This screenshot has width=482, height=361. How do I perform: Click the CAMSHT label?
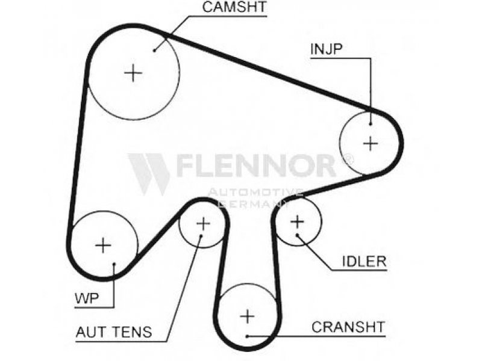click(x=234, y=7)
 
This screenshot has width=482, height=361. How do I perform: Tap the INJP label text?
click(x=326, y=49)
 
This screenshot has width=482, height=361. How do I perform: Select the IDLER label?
click(x=365, y=261)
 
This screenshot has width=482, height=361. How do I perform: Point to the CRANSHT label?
click(x=348, y=327)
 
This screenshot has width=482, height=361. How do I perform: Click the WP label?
click(x=87, y=298)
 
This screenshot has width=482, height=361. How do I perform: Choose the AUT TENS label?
click(x=114, y=332)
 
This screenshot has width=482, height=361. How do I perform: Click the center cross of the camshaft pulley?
click(x=133, y=73)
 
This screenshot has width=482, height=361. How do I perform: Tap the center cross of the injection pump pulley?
click(x=371, y=144)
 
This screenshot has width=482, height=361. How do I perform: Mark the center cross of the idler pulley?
click(x=297, y=221)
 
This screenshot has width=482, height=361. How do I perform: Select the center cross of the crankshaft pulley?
click(x=248, y=316)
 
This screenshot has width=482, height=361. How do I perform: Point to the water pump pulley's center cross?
click(x=103, y=245)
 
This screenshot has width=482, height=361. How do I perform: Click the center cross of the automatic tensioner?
click(x=203, y=223)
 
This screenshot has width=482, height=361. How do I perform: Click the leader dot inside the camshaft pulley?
click(x=155, y=50)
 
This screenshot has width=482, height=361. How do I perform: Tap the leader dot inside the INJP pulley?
click(x=371, y=124)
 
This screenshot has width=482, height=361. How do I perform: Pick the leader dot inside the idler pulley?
click(x=297, y=235)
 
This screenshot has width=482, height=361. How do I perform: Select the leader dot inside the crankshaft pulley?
click(x=248, y=336)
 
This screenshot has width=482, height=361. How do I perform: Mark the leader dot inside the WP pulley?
click(x=114, y=264)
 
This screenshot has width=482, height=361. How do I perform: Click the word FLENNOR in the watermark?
click(x=255, y=166)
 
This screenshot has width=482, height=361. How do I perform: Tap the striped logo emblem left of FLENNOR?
click(x=149, y=174)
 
